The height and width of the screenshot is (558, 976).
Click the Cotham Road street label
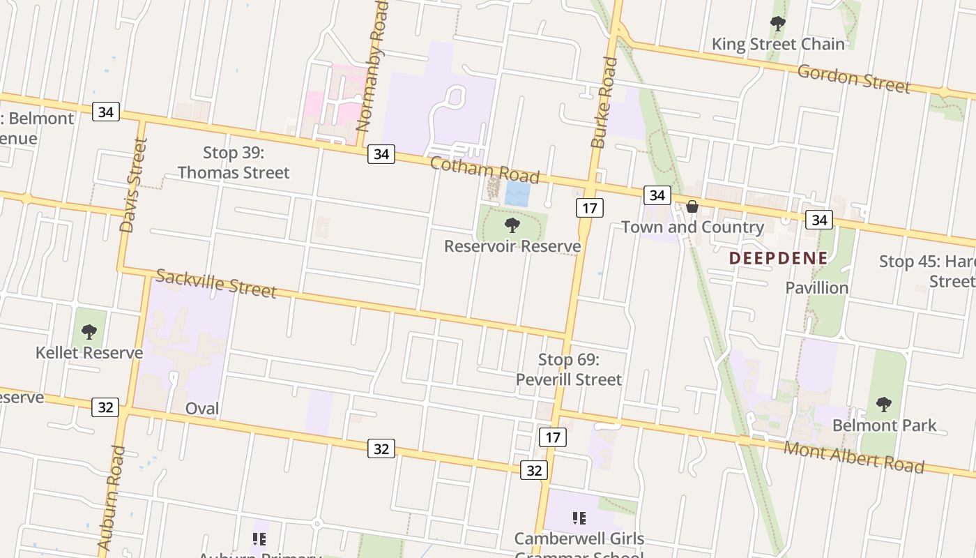[485, 169]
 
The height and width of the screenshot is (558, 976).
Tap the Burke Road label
[604, 103]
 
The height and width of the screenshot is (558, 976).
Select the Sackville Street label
[215, 282]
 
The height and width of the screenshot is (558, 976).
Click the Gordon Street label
[853, 78]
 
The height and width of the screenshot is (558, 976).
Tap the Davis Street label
[134, 185]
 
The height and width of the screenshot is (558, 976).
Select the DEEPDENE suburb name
[778, 258]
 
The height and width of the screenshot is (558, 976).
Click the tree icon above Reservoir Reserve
[512, 225]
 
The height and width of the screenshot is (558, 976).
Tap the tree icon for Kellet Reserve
[89, 331]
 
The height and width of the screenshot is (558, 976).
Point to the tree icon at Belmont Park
[883, 404]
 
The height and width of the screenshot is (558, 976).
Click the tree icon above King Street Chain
[777, 24]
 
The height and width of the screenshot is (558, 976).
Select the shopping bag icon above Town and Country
[692, 206]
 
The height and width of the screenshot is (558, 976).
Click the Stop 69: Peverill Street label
[569, 370]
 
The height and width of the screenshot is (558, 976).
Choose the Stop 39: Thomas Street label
[234, 163]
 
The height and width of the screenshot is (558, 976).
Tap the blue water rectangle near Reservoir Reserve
[517, 194]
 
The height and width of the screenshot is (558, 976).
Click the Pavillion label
[816, 287]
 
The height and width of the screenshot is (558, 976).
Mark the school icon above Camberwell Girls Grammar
[579, 518]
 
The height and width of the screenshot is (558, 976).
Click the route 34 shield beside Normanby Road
[381, 154]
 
